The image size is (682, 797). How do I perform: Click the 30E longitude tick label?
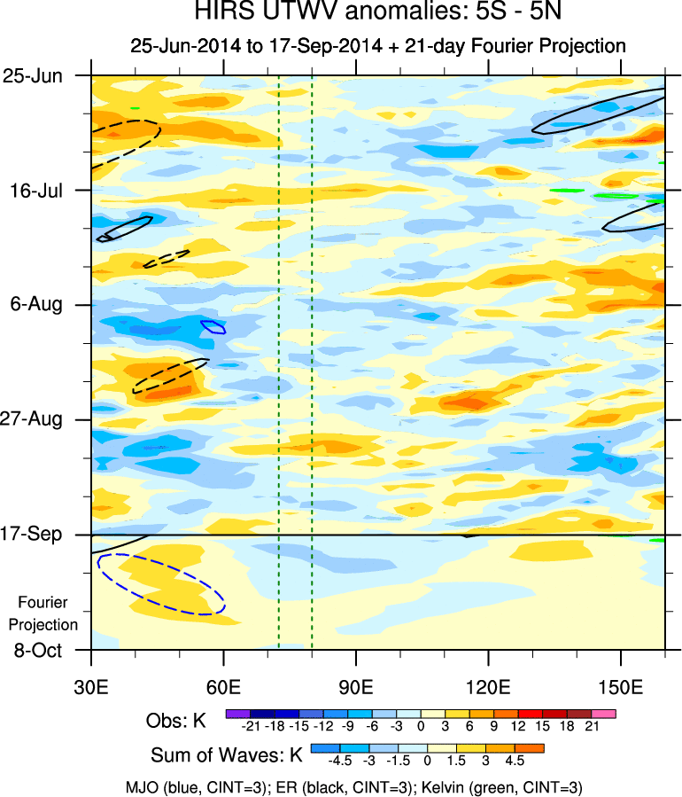pyautogui.click(x=91, y=687)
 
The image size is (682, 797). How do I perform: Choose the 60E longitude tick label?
pyautogui.click(x=224, y=687)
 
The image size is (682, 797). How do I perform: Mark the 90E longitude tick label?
pyautogui.click(x=356, y=687)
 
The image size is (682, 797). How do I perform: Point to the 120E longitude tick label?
pyautogui.click(x=489, y=687)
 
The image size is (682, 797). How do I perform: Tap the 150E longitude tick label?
pyautogui.click(x=621, y=687)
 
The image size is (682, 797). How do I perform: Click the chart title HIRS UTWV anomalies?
pyautogui.click(x=378, y=15)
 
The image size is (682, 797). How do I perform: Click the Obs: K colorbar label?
pyautogui.click(x=175, y=722)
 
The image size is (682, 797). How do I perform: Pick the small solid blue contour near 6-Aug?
pyautogui.click(x=213, y=326)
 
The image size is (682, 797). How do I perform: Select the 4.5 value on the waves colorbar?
pyautogui.click(x=514, y=761)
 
